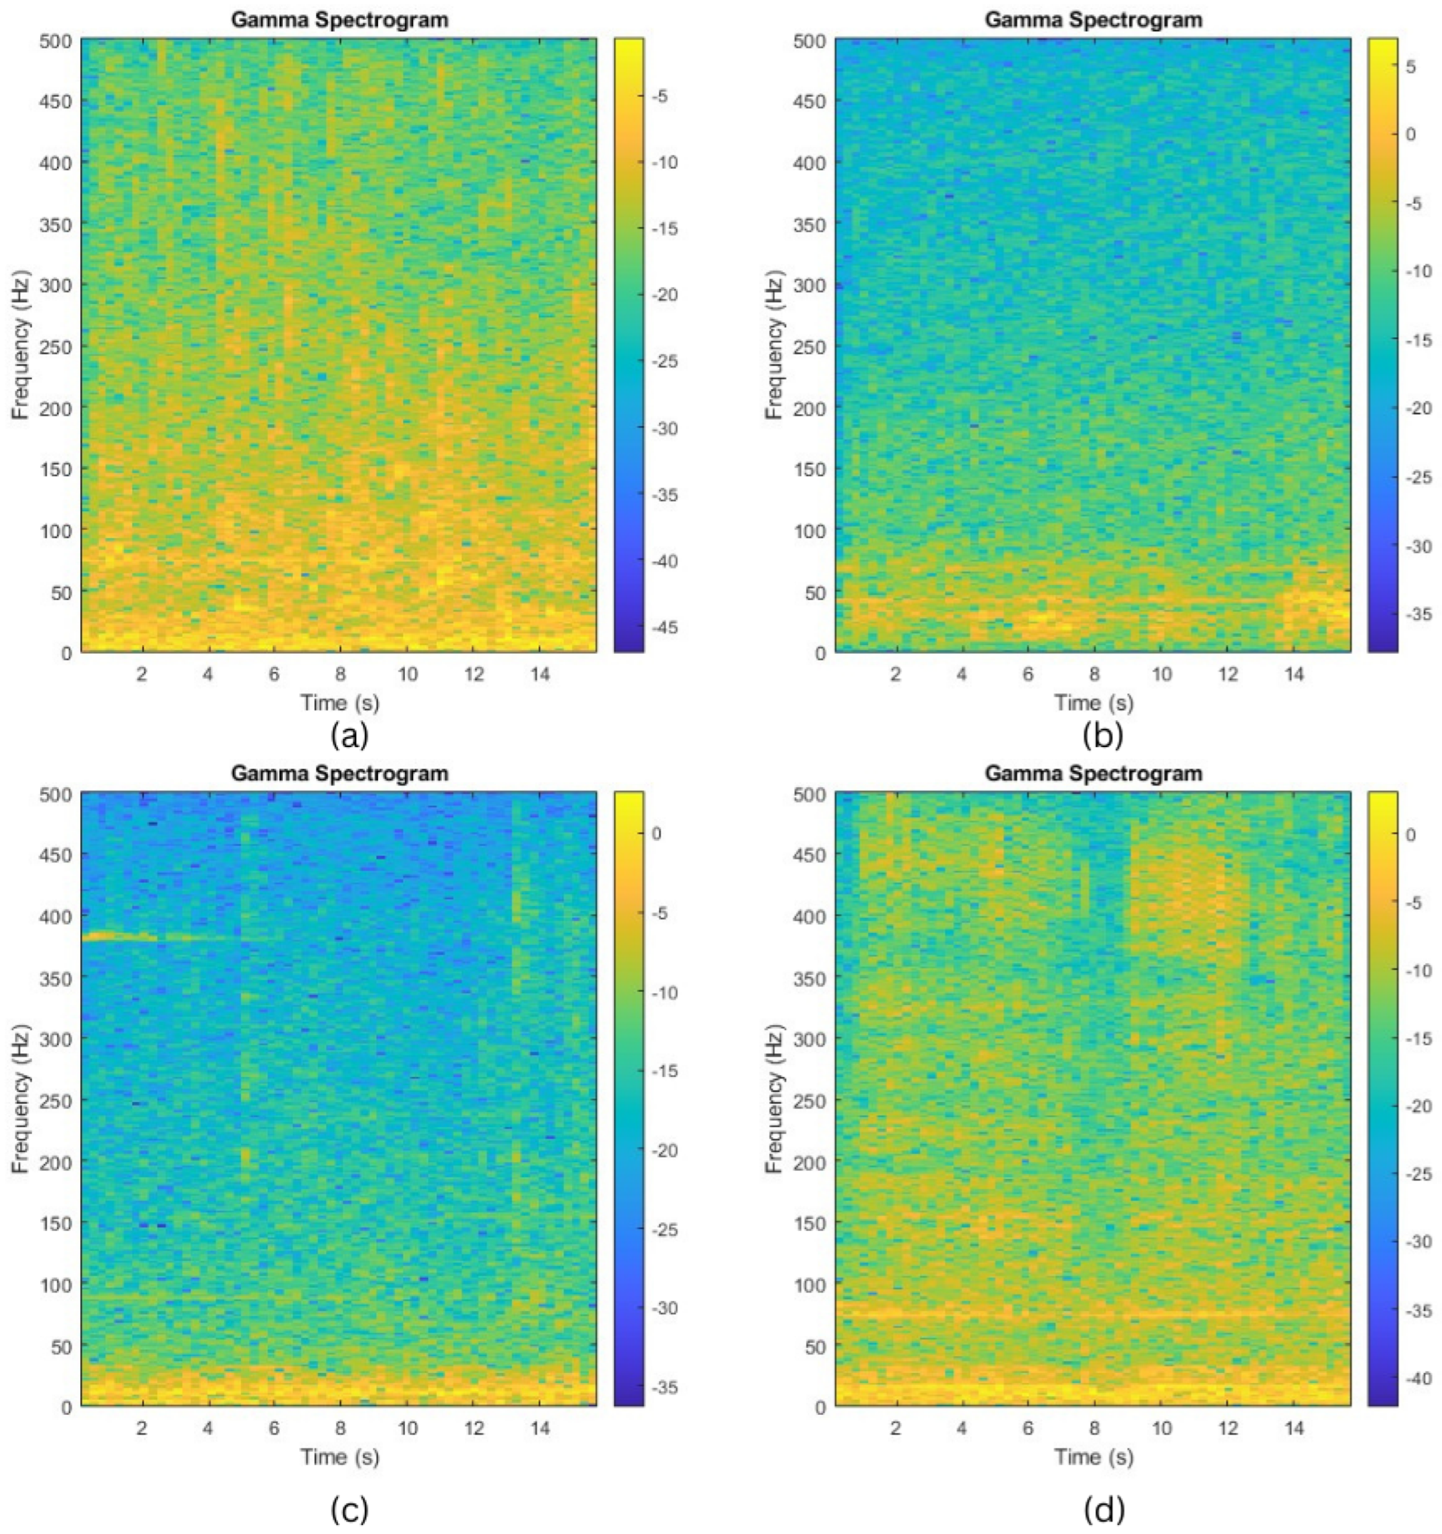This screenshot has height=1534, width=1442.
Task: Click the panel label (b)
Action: [x=1103, y=735]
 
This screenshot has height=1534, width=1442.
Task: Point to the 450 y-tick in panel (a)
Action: [x=56, y=101]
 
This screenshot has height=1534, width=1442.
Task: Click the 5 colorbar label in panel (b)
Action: [x=1411, y=67]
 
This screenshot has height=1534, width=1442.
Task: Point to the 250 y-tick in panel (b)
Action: [x=810, y=347]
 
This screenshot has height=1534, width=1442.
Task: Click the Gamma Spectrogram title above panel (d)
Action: [x=1093, y=773]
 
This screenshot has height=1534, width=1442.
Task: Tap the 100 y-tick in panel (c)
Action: [x=56, y=1285]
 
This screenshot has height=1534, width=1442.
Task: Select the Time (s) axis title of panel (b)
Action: [x=1094, y=702]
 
